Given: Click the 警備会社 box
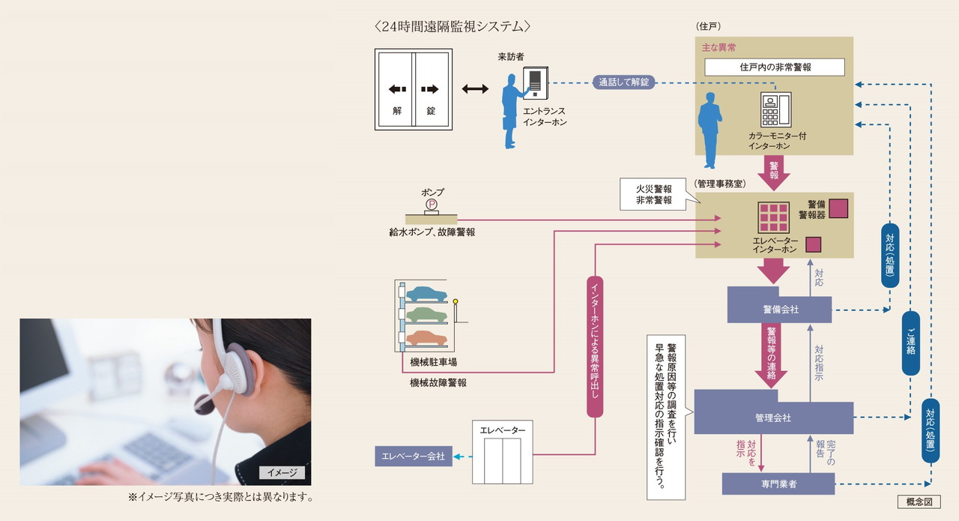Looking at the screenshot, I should tap(779, 309).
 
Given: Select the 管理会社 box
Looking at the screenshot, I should tap(773, 418).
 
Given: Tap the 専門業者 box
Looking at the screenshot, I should tap(778, 484).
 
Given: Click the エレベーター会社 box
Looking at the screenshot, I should tap(413, 456).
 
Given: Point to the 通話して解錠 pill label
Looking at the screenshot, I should tap(624, 82).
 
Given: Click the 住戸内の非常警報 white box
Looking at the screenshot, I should tap(775, 67).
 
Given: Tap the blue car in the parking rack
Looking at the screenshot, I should tap(426, 294).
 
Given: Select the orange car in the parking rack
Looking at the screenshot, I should tap(426, 338).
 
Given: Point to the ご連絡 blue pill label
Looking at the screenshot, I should tap(910, 343).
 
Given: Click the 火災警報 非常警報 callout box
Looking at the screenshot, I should tap(654, 195).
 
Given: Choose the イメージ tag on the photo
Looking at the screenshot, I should tap(282, 472).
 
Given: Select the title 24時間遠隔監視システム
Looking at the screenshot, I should tap(453, 26).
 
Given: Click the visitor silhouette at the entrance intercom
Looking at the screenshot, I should tap(513, 110).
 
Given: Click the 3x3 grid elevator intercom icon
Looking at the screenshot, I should tap(773, 218).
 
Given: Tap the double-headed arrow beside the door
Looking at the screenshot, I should tap(475, 89).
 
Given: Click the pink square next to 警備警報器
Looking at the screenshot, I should tap(838, 208).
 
